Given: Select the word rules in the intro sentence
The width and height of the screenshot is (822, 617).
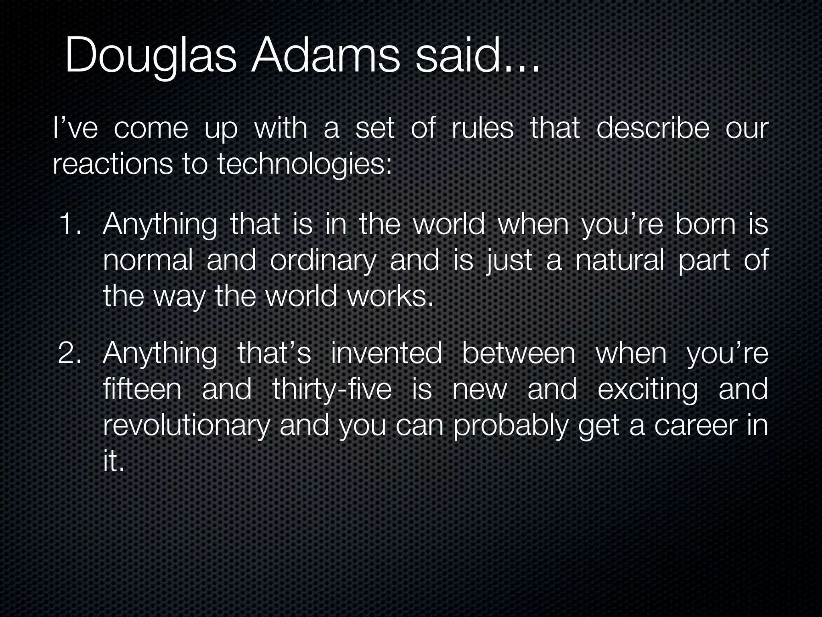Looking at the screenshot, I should click(482, 129).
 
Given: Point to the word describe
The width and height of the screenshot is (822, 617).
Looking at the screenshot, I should click(653, 129).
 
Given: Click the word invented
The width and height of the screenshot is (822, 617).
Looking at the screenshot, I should click(386, 353).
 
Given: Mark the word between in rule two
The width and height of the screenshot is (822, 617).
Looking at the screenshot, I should click(519, 353).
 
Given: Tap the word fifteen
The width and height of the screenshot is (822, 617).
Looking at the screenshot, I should click(142, 390).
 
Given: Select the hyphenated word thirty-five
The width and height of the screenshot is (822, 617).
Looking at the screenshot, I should click(332, 390).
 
